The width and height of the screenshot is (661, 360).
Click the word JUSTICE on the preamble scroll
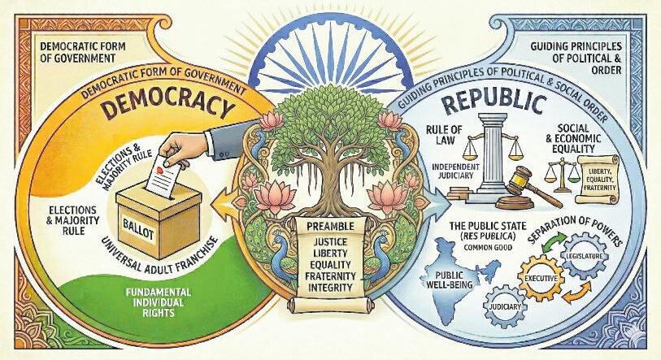[330, 241]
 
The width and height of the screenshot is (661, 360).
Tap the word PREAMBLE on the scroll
[330, 227]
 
